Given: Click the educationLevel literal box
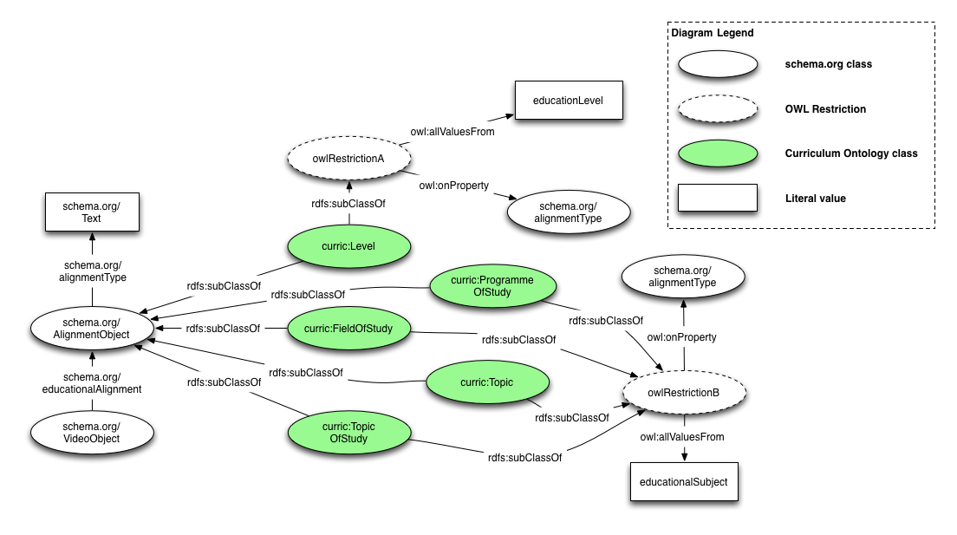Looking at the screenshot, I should [568, 101].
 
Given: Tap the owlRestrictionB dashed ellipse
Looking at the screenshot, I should [684, 393].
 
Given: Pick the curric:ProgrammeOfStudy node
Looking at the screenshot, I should [492, 285].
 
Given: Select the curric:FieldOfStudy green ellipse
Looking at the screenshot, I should [348, 328].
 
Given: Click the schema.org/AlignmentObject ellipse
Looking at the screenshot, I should [91, 329].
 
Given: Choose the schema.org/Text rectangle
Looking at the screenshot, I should [91, 212].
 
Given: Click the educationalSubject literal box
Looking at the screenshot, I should [684, 481].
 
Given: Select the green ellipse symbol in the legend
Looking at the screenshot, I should [719, 153].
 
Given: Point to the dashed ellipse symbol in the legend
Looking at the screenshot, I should [719, 109].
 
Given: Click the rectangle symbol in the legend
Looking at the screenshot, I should [719, 199].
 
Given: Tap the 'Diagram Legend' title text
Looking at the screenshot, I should [713, 33].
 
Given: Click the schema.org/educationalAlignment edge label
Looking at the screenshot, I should [91, 382].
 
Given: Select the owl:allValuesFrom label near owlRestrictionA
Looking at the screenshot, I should [452, 132].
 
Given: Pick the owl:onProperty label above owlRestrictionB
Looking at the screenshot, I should [682, 336].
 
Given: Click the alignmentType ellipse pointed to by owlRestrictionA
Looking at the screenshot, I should [568, 212].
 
